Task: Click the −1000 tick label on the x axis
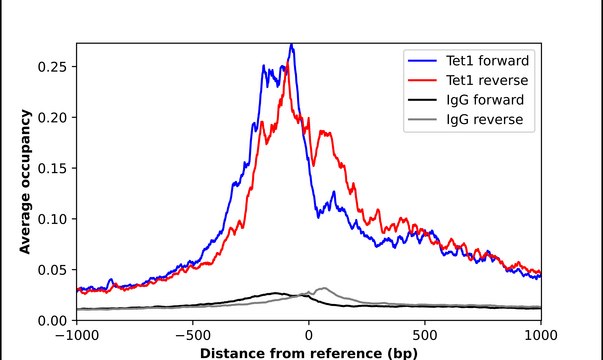tap(76, 335)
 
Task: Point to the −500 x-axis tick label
tap(192, 335)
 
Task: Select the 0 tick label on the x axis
tap(309, 335)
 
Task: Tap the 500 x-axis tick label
tap(425, 335)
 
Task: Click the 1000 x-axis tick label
tap(541, 335)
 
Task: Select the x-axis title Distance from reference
tap(308, 352)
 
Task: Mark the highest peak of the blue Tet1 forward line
tap(291, 45)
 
